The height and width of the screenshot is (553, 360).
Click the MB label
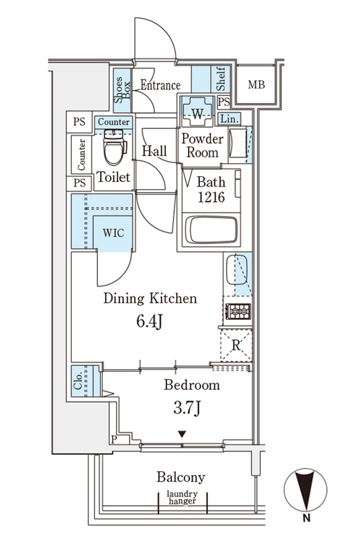tap(256, 84)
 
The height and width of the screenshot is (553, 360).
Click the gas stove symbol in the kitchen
tap(238, 312)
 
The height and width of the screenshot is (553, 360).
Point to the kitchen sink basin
tap(236, 270)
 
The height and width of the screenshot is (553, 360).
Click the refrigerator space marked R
tap(236, 345)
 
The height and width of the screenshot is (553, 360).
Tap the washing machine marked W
tap(198, 111)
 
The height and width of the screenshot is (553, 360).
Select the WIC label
tap(113, 233)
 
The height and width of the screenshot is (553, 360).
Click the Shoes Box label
tap(122, 90)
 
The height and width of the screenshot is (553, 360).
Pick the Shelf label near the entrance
tap(221, 78)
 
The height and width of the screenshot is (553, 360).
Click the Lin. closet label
tap(229, 119)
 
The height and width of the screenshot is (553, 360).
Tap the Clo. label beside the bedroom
tap(78, 381)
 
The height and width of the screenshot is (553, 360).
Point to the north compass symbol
tap(305, 489)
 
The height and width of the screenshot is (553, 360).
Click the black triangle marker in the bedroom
tap(182, 434)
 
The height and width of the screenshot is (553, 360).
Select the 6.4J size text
tap(149, 321)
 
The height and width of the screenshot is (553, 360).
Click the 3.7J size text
tap(187, 408)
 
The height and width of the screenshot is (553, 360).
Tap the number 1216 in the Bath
tap(211, 198)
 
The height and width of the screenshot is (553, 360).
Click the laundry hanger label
tap(182, 498)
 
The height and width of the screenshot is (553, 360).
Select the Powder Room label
tap(202, 146)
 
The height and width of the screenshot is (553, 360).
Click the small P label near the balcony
tap(114, 440)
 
